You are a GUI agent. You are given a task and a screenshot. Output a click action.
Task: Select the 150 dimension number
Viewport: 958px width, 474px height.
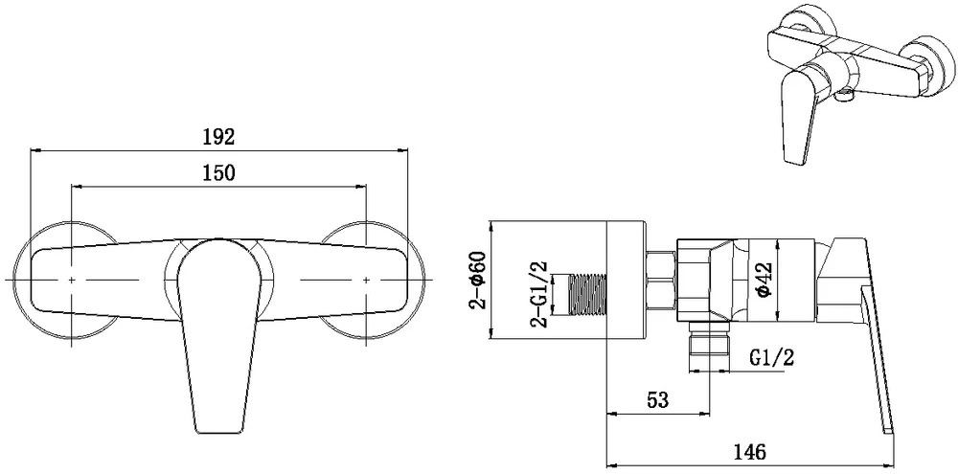click(x=219, y=173)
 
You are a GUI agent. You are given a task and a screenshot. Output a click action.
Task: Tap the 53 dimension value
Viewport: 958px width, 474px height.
click(x=657, y=400)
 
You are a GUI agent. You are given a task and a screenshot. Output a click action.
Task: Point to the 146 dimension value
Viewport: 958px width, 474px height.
click(x=750, y=452)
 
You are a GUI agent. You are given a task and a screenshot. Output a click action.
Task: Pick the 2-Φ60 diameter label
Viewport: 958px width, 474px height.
click(x=477, y=281)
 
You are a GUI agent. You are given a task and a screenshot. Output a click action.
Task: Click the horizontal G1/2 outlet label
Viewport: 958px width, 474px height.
click(x=771, y=357)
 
